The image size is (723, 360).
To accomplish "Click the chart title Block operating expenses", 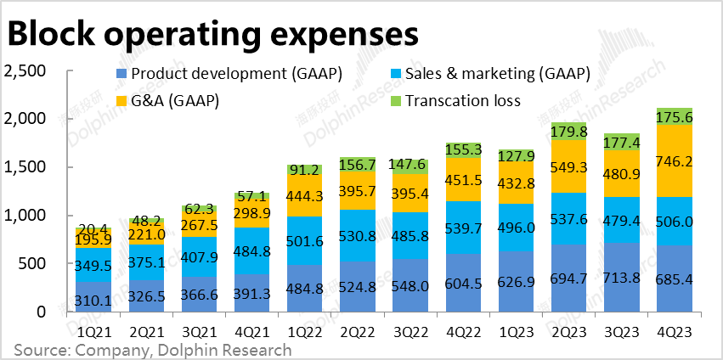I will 212,34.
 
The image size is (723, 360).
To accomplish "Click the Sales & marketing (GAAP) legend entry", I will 497,75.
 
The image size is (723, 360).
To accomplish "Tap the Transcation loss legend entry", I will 462,101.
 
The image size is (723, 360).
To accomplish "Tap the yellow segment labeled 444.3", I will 303,196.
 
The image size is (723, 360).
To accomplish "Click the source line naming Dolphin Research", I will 153,349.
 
